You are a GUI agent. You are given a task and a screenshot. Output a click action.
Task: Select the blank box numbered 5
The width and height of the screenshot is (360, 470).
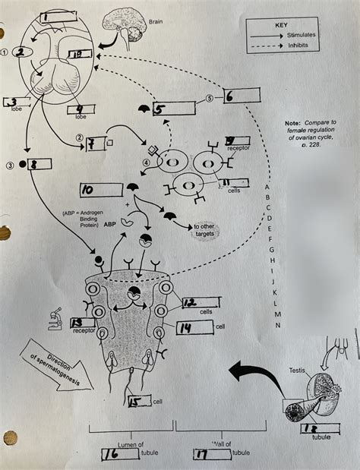click(174, 109)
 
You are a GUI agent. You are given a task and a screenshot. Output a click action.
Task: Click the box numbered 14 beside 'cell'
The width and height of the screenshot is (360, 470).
click(194, 327)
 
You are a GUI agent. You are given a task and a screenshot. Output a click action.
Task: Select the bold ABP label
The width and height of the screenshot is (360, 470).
click(99, 225)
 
